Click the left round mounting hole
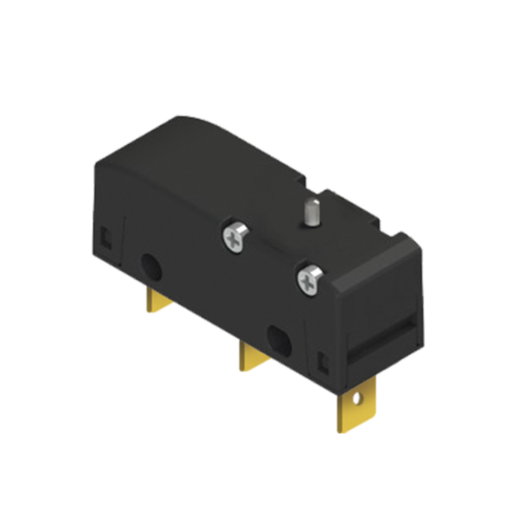(x=149, y=264)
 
